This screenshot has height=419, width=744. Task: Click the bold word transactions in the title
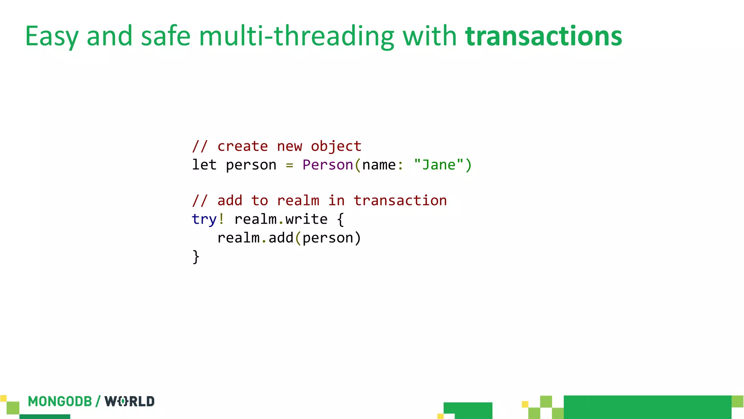pyautogui.click(x=543, y=36)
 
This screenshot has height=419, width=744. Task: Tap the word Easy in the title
pyautogui.click(x=51, y=37)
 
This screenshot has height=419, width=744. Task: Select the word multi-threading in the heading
pyautogui.click(x=296, y=36)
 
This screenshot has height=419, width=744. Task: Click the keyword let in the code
pyautogui.click(x=204, y=165)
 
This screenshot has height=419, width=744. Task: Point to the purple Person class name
pyautogui.click(x=328, y=165)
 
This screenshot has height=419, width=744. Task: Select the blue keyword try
pyautogui.click(x=204, y=219)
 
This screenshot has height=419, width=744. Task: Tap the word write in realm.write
pyautogui.click(x=306, y=219)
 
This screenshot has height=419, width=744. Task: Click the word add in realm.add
pyautogui.click(x=281, y=238)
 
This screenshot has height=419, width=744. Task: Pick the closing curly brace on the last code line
pyautogui.click(x=196, y=257)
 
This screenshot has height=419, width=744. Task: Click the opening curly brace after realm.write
pyautogui.click(x=340, y=219)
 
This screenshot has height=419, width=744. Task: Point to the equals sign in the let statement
pyautogui.click(x=289, y=165)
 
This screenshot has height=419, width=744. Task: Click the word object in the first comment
pyautogui.click(x=336, y=146)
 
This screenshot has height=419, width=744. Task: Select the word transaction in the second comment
pyautogui.click(x=400, y=200)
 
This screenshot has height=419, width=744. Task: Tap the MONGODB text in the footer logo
pyautogui.click(x=60, y=402)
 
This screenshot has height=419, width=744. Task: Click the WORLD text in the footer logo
pyautogui.click(x=130, y=402)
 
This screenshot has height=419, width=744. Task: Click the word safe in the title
pyautogui.click(x=166, y=36)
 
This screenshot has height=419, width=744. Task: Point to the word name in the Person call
pyautogui.click(x=379, y=165)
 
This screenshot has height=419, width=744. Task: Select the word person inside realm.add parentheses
pyautogui.click(x=328, y=238)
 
